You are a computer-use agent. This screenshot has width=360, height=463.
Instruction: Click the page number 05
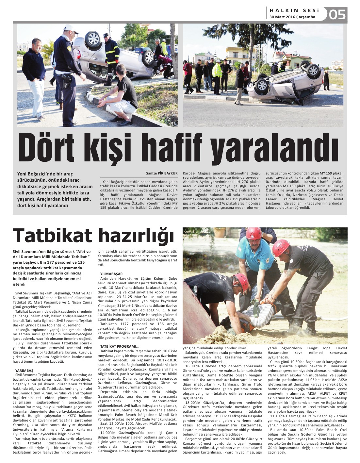point(337,15)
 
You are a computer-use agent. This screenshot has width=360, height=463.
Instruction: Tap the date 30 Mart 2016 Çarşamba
point(292,17)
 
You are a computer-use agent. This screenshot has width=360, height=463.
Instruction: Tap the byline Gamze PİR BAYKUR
point(161,173)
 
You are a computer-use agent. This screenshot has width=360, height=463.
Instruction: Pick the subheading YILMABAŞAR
point(111,273)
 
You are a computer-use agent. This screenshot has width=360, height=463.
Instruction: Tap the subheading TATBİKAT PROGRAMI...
point(120,346)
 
